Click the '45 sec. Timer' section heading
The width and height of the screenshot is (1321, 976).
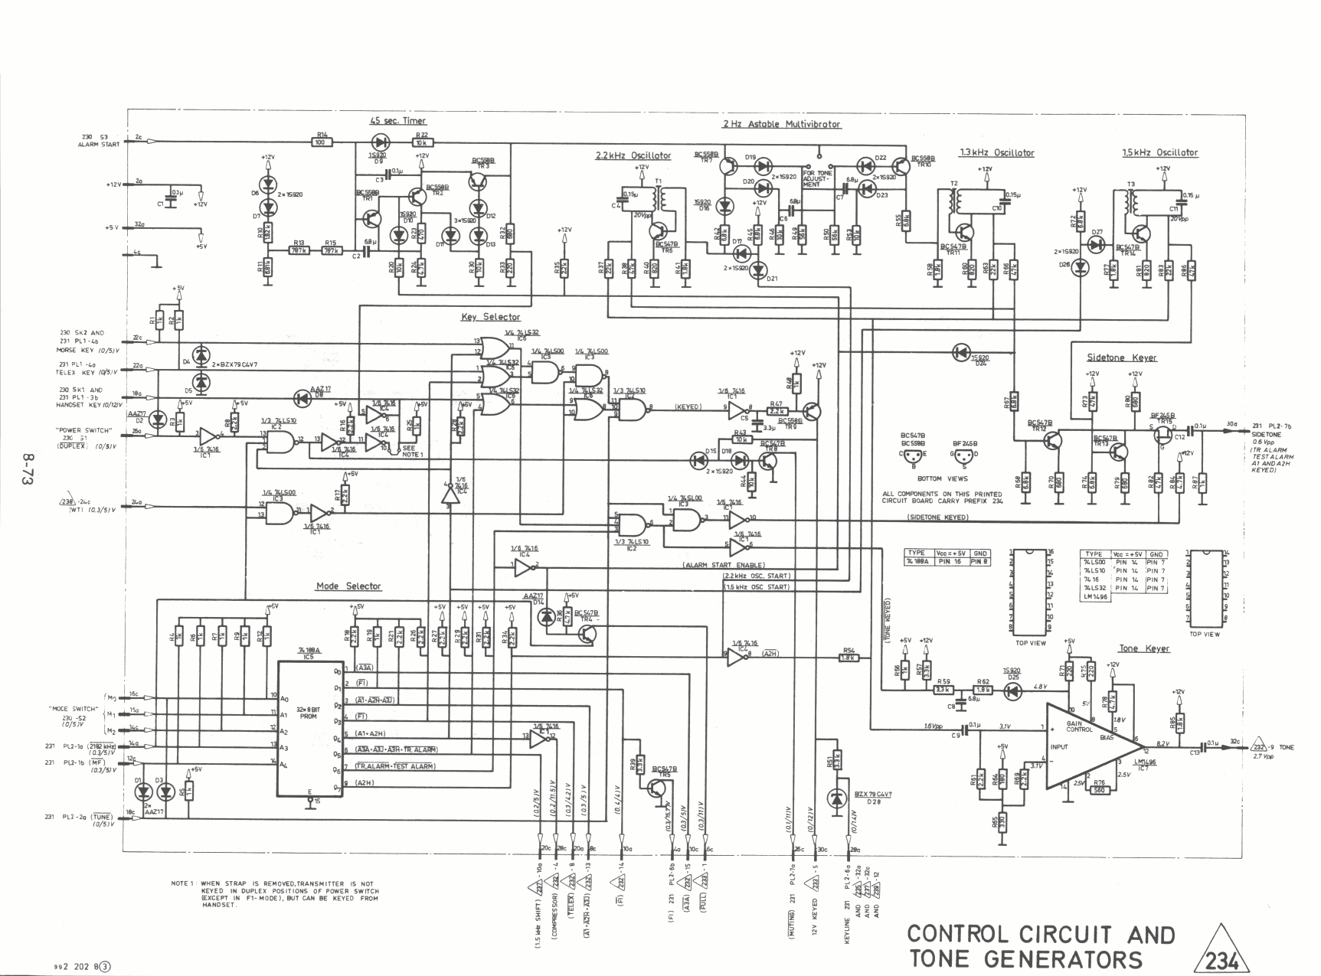click(397, 121)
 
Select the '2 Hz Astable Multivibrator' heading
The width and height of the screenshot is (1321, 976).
click(781, 124)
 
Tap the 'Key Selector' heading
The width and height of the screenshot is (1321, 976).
click(490, 317)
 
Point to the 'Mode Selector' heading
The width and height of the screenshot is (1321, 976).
click(348, 586)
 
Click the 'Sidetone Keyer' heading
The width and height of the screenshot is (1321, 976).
click(1122, 357)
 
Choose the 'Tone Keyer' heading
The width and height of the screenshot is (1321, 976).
click(1144, 648)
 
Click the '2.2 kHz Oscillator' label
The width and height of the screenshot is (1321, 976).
click(633, 155)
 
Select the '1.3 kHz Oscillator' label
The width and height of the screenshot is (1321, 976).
click(996, 153)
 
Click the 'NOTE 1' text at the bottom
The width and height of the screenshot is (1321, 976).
click(185, 883)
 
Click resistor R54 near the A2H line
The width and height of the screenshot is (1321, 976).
click(848, 657)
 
